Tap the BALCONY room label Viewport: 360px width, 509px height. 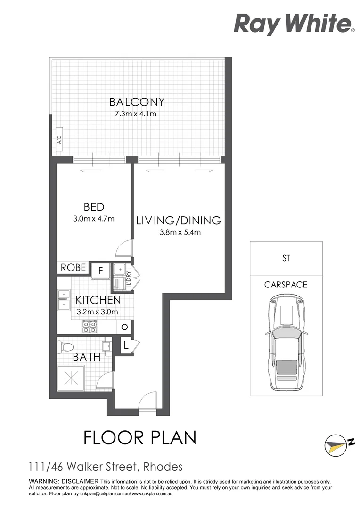tap(137, 102)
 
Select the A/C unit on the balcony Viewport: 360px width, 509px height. tap(59, 140)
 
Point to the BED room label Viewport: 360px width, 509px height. tap(94, 206)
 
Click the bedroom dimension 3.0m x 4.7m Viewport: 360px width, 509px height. tap(94, 219)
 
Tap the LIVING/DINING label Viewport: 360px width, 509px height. tap(179, 220)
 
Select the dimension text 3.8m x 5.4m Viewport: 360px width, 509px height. tap(179, 232)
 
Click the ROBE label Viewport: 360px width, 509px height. tap(74, 268)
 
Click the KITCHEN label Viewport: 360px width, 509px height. tap(98, 300)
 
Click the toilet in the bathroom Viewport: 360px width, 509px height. tap(65, 347)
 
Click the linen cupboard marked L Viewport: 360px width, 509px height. tap(126, 345)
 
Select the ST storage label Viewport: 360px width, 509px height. tap(286, 258)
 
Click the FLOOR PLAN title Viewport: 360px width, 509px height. tap(140, 437)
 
